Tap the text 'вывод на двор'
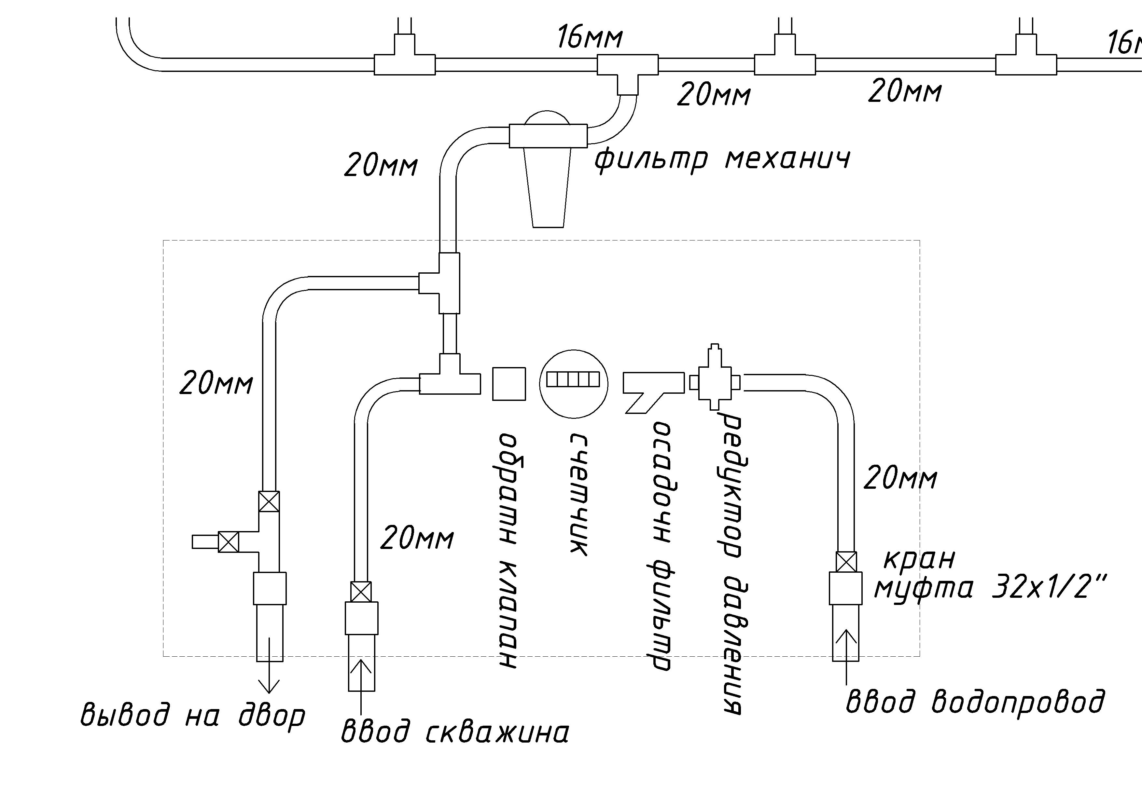[192, 715]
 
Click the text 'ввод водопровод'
[975, 702]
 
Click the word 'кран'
[919, 559]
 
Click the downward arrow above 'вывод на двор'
[269, 665]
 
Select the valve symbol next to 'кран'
[846, 562]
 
